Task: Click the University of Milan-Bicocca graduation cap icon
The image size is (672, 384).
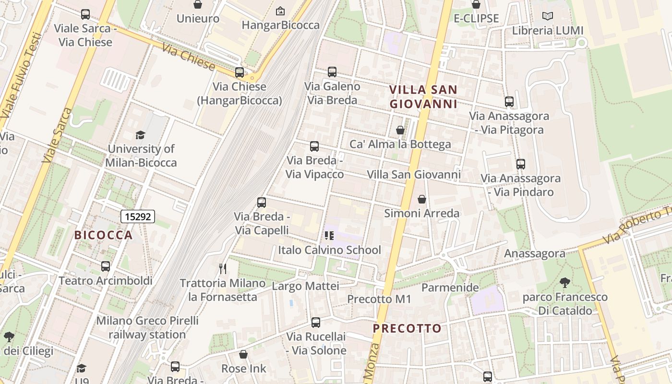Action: pos(140,135)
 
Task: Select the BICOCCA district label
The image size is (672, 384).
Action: pos(103,235)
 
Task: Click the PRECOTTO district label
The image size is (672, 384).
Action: pos(407,328)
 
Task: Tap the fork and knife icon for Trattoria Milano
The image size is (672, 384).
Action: pos(222,268)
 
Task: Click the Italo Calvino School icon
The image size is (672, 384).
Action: pos(329,235)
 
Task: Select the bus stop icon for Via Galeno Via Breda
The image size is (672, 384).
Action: pos(332,72)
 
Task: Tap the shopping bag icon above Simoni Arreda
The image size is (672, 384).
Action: pos(422,199)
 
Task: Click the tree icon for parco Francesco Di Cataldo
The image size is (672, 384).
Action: pos(565,283)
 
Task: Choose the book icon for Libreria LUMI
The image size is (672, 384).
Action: pos(548,16)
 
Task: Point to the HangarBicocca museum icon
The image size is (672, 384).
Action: pos(280,11)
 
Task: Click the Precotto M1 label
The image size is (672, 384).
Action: pos(379,299)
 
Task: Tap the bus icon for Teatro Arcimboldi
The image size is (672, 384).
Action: pos(106,266)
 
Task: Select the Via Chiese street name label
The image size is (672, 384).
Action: pos(188,57)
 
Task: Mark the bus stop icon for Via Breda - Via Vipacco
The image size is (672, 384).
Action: pos(314,146)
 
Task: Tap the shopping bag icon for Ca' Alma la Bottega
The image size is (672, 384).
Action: pos(400,130)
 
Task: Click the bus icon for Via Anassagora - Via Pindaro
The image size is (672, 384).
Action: pos(521,164)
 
